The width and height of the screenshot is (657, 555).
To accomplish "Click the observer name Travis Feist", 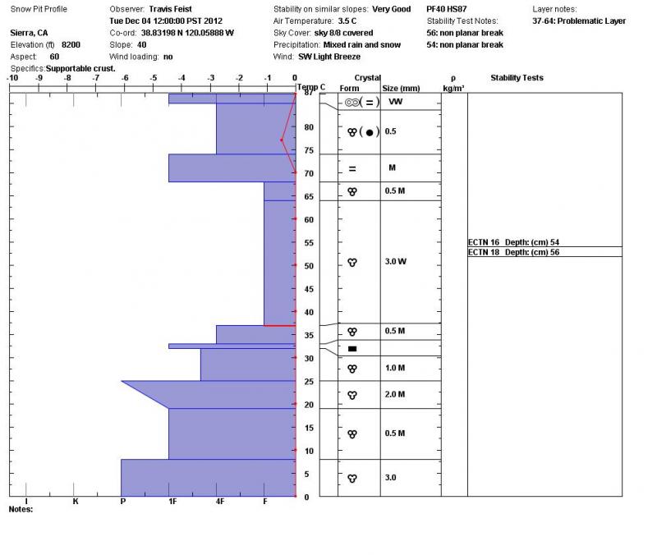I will (170, 9).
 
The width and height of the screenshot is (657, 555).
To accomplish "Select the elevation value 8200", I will (71, 44).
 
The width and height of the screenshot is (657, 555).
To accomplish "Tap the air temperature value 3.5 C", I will (348, 21).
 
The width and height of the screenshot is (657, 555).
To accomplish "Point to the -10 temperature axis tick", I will (12, 78).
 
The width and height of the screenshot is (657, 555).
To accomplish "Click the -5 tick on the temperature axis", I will (154, 78).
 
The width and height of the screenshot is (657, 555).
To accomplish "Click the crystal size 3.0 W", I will (395, 261).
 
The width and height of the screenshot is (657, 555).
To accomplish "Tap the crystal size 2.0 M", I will (395, 394).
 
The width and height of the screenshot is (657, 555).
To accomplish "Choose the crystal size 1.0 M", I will (395, 368).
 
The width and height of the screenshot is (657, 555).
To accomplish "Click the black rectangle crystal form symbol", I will (352, 348).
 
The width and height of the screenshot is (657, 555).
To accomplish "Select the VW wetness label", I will (395, 101).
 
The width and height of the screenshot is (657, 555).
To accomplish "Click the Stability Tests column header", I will (517, 78).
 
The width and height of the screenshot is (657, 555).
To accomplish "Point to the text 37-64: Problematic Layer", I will (579, 21).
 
